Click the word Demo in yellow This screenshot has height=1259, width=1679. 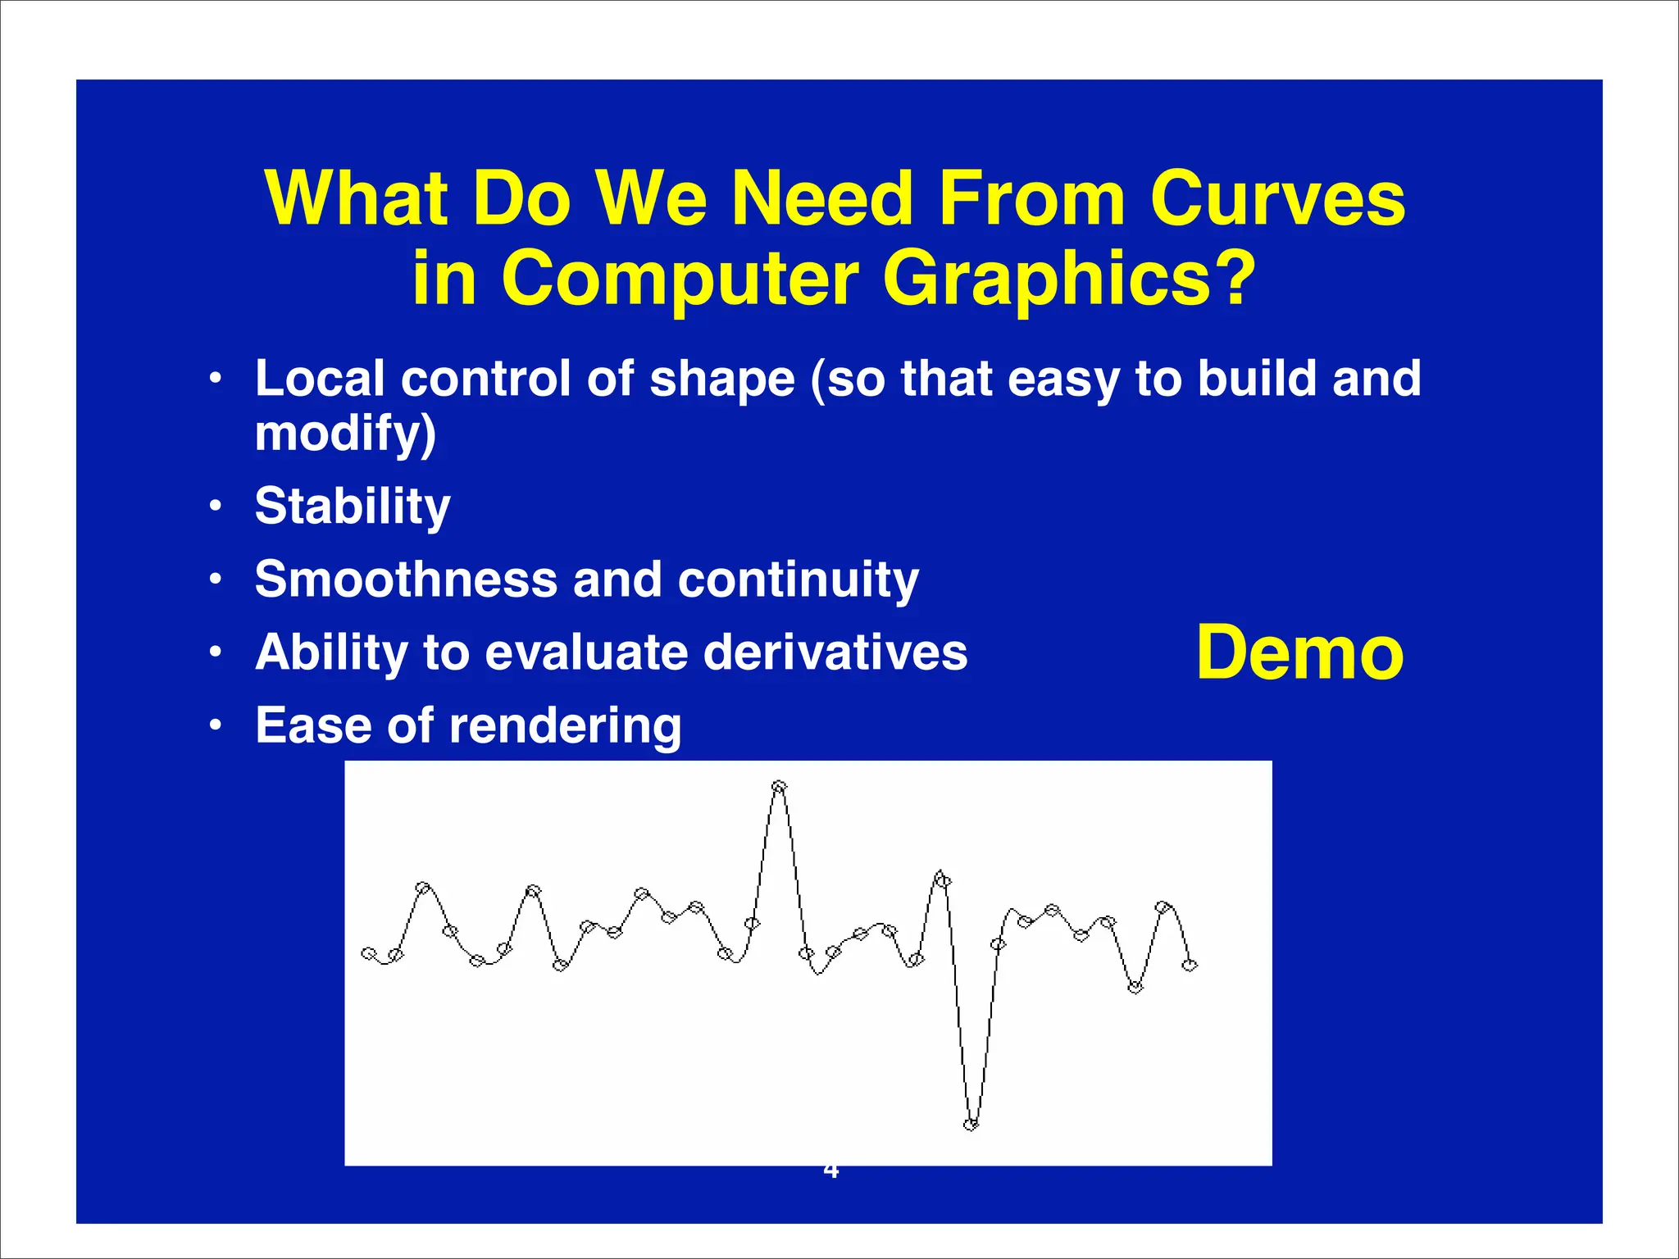click(x=1299, y=653)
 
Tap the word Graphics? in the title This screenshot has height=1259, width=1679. click(x=1069, y=279)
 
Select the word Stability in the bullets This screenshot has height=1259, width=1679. click(x=353, y=507)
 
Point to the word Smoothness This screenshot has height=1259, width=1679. click(x=406, y=580)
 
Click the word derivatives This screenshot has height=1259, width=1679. click(x=835, y=652)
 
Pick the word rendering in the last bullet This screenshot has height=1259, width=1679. click(x=565, y=726)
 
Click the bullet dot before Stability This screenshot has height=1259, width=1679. click(x=215, y=507)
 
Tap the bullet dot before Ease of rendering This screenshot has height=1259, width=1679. click(x=215, y=726)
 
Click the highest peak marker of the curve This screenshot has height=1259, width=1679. click(x=779, y=787)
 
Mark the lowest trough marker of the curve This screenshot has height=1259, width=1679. click(x=971, y=1125)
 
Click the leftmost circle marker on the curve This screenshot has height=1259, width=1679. click(x=369, y=953)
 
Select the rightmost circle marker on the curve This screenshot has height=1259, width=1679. click(x=1190, y=966)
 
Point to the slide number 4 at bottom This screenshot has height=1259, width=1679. click(x=830, y=1171)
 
